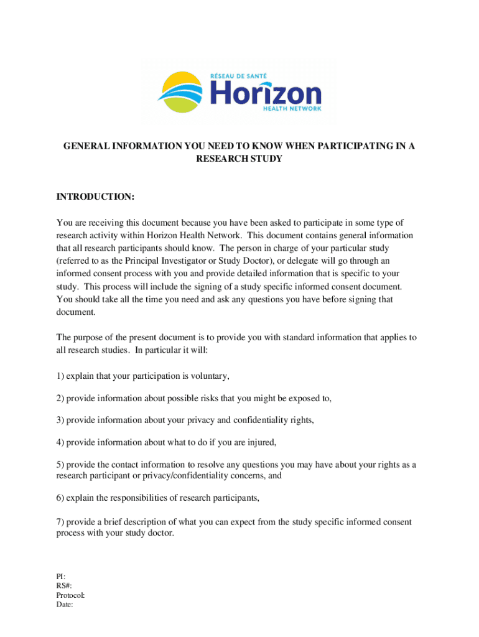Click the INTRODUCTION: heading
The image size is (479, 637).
pos(95,197)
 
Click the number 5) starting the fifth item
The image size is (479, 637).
pos(60,465)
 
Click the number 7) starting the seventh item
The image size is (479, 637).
pos(60,521)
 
